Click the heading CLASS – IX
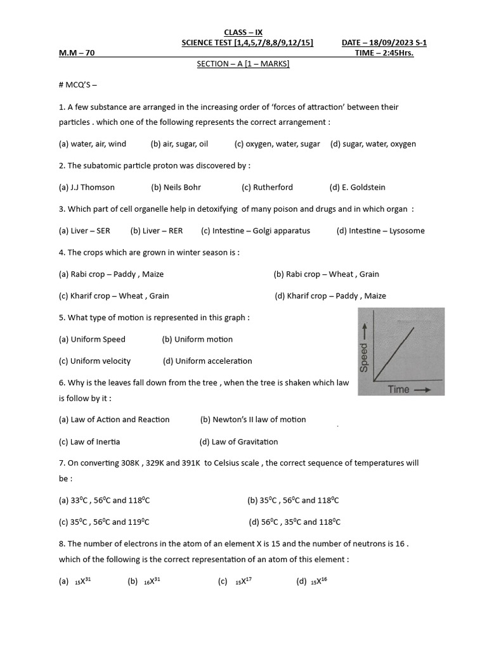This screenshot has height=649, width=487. (243, 32)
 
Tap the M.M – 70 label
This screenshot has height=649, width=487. (77, 53)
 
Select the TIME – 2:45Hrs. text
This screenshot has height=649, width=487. (384, 53)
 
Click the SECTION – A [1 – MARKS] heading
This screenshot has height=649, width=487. (243, 64)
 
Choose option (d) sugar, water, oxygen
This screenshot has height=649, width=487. (373, 144)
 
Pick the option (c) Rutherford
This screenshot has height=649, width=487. (267, 187)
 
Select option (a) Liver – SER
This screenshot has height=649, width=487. (84, 231)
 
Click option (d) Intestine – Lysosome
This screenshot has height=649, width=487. (380, 231)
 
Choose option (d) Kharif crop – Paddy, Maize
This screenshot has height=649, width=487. (330, 295)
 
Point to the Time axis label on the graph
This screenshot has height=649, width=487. (399, 389)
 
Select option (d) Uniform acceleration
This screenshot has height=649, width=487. (207, 361)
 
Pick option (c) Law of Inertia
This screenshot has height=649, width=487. (89, 441)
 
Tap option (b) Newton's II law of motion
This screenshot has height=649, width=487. (253, 419)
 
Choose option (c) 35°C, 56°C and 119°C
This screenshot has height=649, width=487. (104, 522)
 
